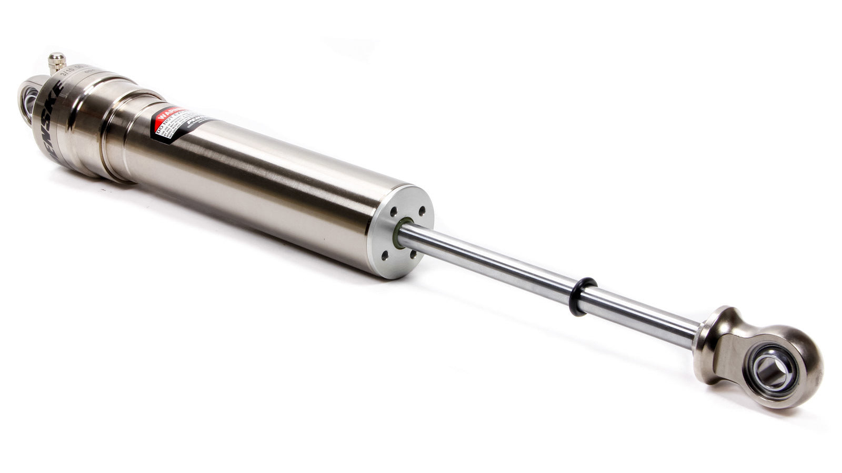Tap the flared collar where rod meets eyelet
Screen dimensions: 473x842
click(x=712, y=331)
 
